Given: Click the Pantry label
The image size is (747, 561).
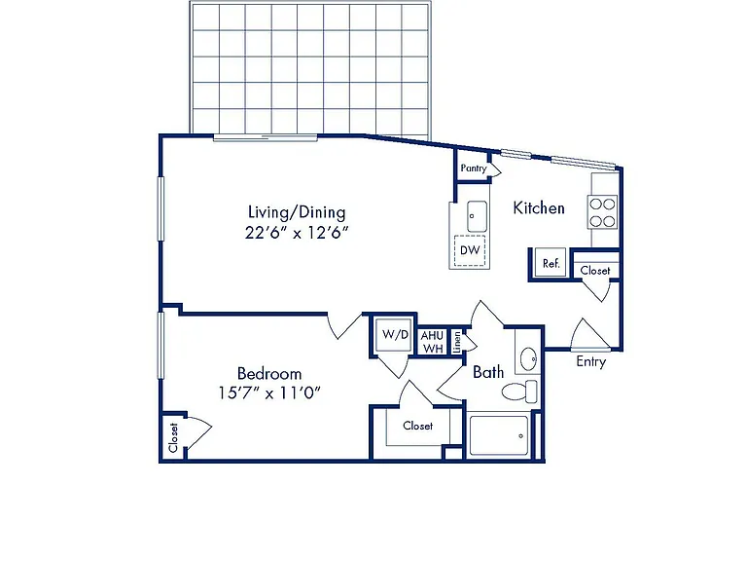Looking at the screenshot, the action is click(x=474, y=168).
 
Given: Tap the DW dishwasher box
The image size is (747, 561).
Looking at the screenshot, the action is click(x=470, y=250).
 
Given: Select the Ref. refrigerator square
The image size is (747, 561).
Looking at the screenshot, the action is click(x=551, y=262).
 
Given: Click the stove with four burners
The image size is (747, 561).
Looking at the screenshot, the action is click(x=603, y=212).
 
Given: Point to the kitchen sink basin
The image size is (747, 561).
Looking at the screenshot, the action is click(x=477, y=216).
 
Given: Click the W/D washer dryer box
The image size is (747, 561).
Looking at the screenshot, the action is click(x=394, y=335).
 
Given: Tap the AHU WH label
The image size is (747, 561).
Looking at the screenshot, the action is click(x=432, y=342).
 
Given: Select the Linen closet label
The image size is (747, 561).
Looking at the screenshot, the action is click(x=457, y=342).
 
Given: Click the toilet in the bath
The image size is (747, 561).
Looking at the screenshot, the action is click(x=519, y=392).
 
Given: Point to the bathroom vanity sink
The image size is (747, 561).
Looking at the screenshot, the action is click(x=528, y=358).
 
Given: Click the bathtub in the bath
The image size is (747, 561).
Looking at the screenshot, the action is click(x=499, y=435).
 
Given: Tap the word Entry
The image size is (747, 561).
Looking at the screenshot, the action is click(x=590, y=361).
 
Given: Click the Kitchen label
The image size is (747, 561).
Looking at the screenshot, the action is click(x=539, y=208).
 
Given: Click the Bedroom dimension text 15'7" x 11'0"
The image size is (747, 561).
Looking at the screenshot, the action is click(x=269, y=393).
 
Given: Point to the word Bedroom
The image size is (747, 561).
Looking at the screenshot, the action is click(x=269, y=373).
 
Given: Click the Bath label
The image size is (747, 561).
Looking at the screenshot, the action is click(x=488, y=372).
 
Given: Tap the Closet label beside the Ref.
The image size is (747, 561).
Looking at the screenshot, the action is click(x=595, y=271).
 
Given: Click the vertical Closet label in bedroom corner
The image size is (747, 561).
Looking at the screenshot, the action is click(x=173, y=437).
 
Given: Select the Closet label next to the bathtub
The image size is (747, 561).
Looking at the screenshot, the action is click(x=418, y=426).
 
